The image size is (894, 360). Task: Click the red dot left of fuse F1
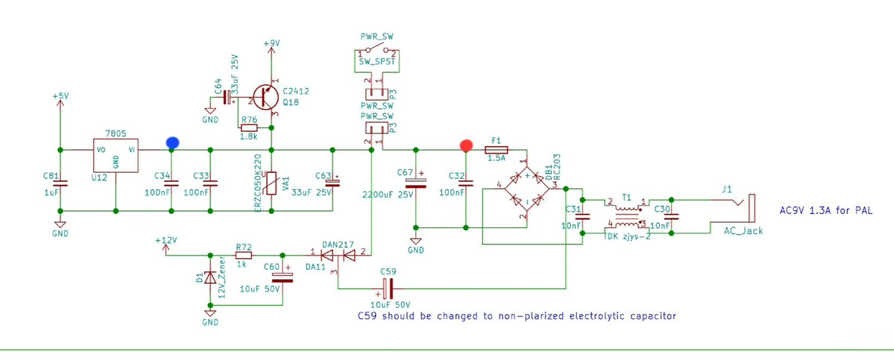466,145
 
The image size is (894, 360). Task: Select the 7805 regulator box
116,155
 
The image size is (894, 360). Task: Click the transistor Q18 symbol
265,98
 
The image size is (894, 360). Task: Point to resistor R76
250,127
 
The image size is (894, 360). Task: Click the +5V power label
60,96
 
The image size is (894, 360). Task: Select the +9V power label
271,43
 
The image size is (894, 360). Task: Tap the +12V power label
166,241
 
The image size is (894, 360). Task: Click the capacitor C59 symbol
388,288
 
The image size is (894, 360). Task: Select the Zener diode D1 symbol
210,279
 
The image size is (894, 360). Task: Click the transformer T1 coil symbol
626,216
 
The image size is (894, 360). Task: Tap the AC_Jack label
743,231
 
